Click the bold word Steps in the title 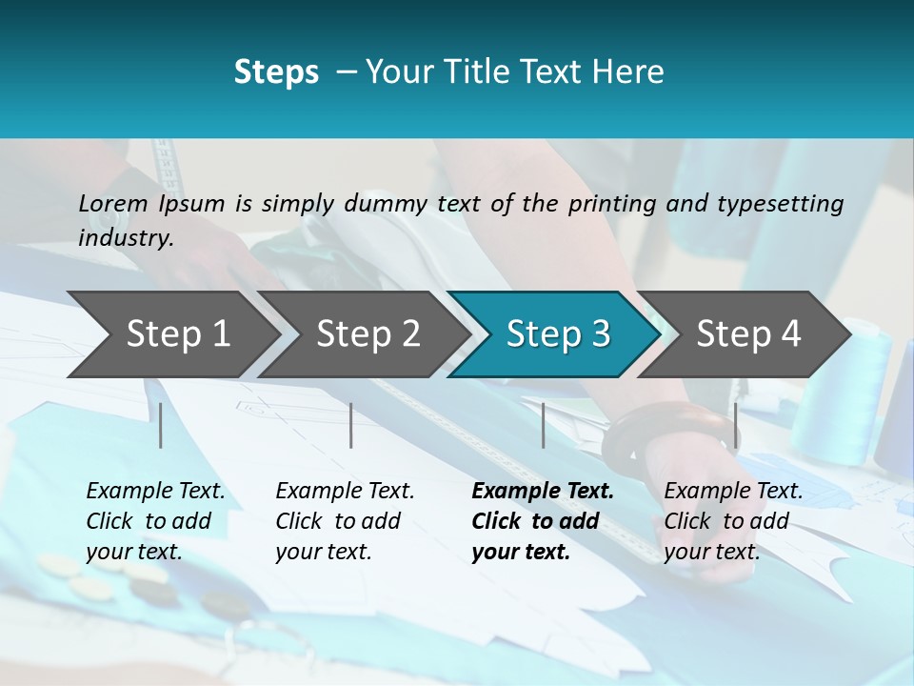276,72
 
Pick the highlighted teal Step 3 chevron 558,334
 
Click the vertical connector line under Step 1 161,425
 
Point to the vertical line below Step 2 351,425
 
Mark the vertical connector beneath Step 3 543,425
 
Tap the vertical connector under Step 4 735,425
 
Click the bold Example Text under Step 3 543,492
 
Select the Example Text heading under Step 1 155,492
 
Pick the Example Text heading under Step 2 345,492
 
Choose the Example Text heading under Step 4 733,492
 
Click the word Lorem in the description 113,204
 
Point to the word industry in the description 125,238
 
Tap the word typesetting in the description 781,204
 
